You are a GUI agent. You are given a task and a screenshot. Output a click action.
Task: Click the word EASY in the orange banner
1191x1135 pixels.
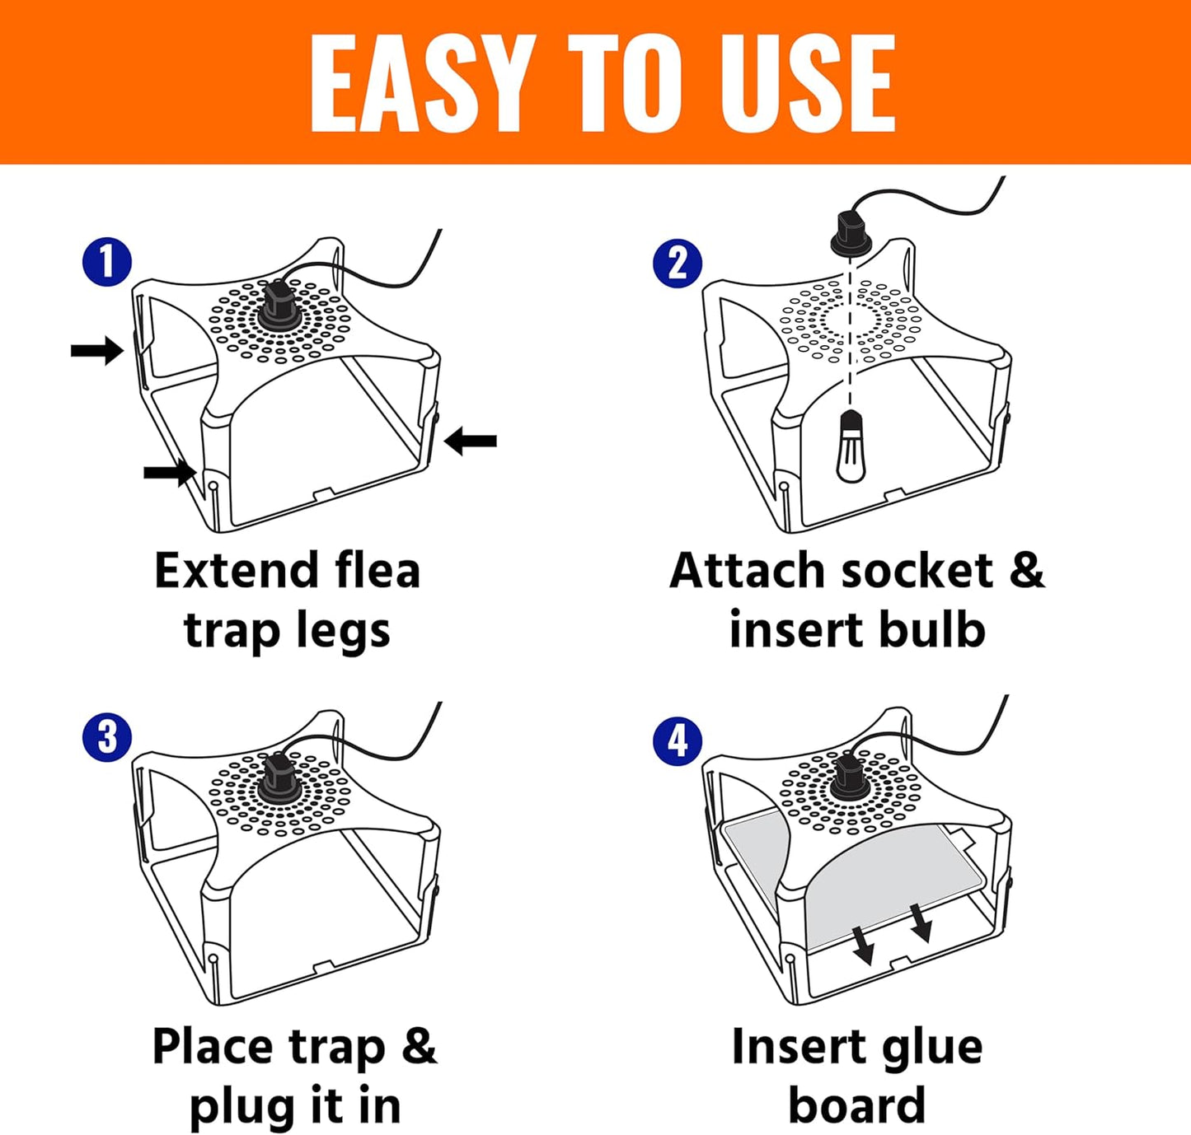417,84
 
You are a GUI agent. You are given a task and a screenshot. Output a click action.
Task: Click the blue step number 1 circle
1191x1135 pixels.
107,262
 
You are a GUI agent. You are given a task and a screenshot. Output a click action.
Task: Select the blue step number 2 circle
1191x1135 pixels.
678,264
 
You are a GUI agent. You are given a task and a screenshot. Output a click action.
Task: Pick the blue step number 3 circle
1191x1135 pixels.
107,737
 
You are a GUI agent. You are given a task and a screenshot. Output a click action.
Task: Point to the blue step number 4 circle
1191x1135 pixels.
678,740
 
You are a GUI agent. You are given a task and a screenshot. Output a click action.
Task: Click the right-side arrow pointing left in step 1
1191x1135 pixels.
471,441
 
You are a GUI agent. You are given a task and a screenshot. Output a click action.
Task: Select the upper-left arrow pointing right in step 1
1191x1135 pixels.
96,351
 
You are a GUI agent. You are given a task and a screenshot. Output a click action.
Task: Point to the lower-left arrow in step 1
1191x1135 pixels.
170,472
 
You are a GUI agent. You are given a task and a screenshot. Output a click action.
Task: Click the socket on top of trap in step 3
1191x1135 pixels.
277,782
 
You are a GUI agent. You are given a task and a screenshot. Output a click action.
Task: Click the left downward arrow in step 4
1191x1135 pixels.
862,944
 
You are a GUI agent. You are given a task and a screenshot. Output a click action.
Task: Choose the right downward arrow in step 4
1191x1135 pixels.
920,922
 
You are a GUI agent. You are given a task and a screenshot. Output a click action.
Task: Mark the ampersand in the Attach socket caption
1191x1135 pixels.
1026,571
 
